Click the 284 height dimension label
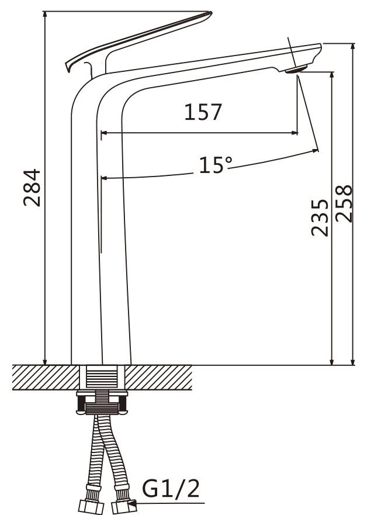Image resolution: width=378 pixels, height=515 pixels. tap(32, 188)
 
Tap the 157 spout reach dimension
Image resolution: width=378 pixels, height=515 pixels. tap(203, 112)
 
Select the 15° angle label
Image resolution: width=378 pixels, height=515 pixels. tap(216, 164)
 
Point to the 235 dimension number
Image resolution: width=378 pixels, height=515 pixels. tap(320, 217)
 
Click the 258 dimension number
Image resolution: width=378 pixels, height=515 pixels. tap(344, 203)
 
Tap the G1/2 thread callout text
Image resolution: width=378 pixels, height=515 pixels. tap(171, 488)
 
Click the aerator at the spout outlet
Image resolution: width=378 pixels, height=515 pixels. tap(296, 69)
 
